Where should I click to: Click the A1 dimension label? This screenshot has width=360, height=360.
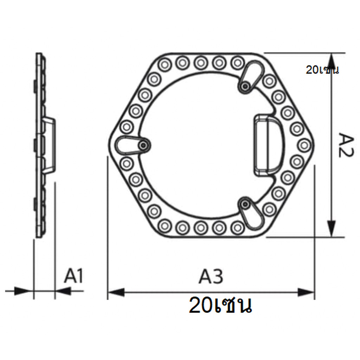pos(73,275)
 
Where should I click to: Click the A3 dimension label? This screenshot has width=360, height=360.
pos(211,276)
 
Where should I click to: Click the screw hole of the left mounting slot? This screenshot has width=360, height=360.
pos(144,145)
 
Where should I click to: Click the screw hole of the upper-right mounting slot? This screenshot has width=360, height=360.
pos(245,86)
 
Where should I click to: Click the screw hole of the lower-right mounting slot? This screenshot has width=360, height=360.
pos(245,204)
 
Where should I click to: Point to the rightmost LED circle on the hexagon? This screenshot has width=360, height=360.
pos(304,145)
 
